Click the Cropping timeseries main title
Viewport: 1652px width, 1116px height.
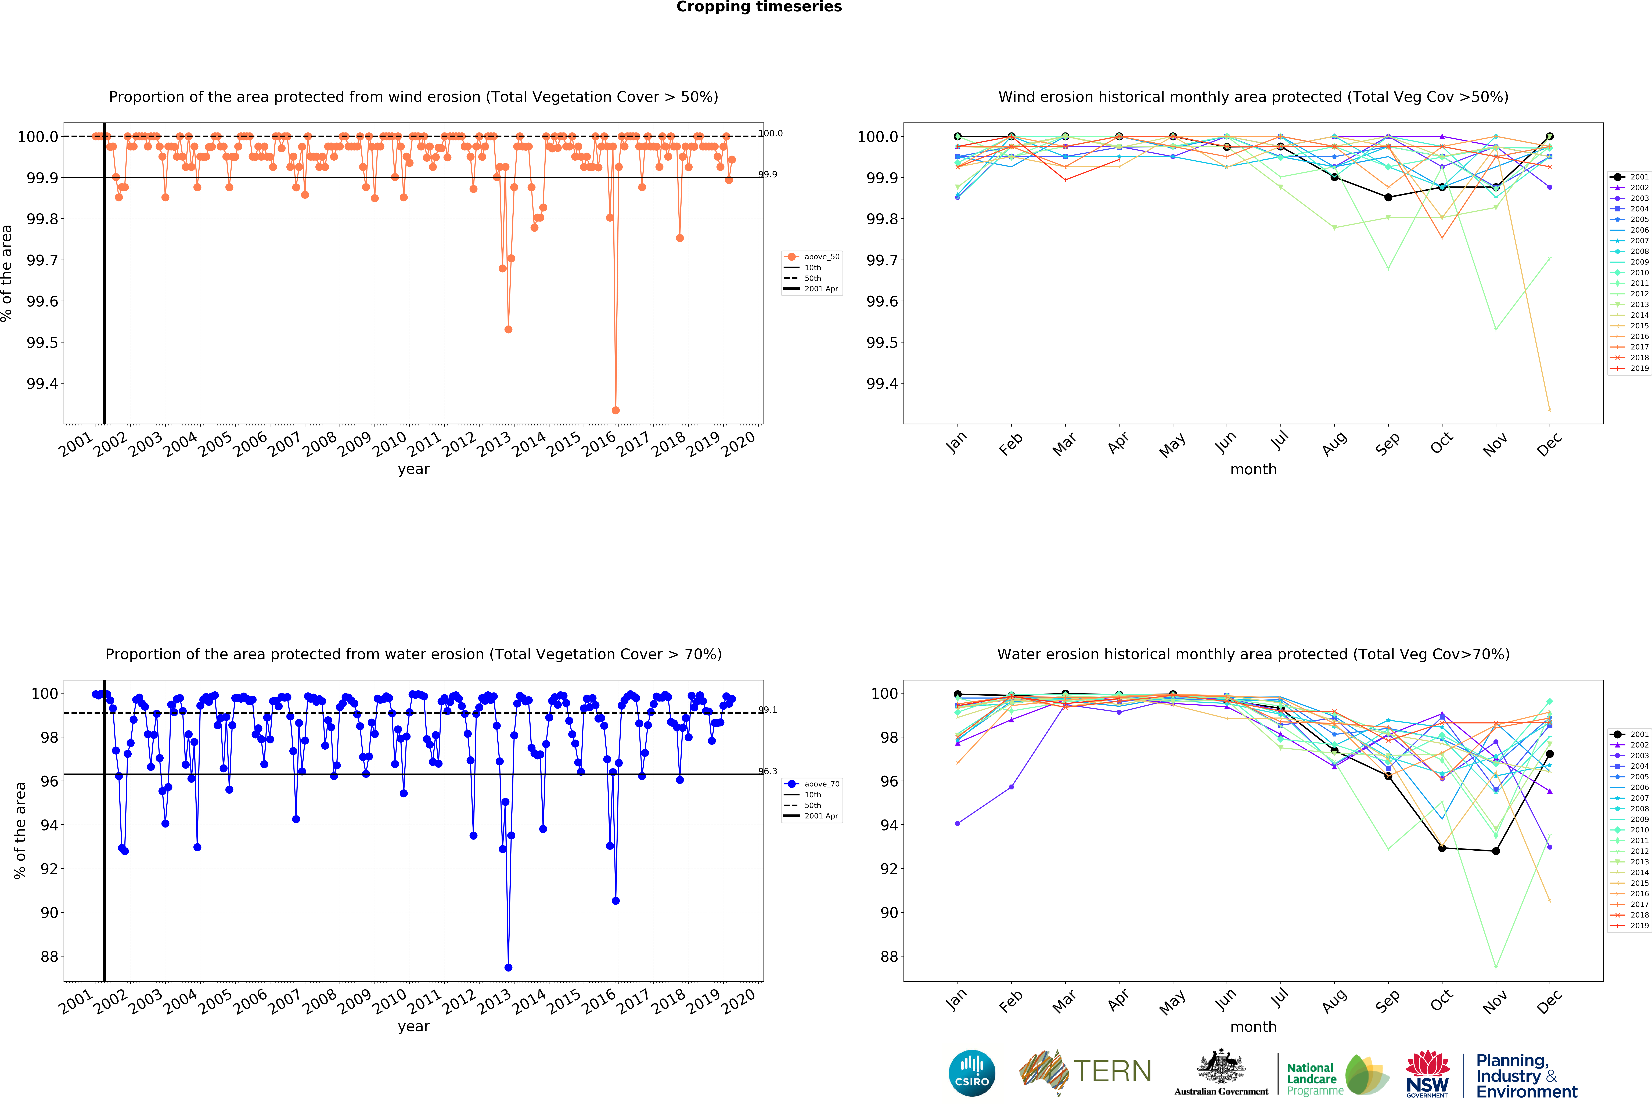click(758, 7)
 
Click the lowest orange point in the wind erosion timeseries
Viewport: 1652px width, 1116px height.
click(616, 410)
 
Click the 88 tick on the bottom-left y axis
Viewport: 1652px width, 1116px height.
click(49, 957)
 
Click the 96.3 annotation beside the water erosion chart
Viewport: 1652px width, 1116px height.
click(768, 771)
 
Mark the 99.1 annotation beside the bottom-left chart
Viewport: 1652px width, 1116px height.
click(768, 709)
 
